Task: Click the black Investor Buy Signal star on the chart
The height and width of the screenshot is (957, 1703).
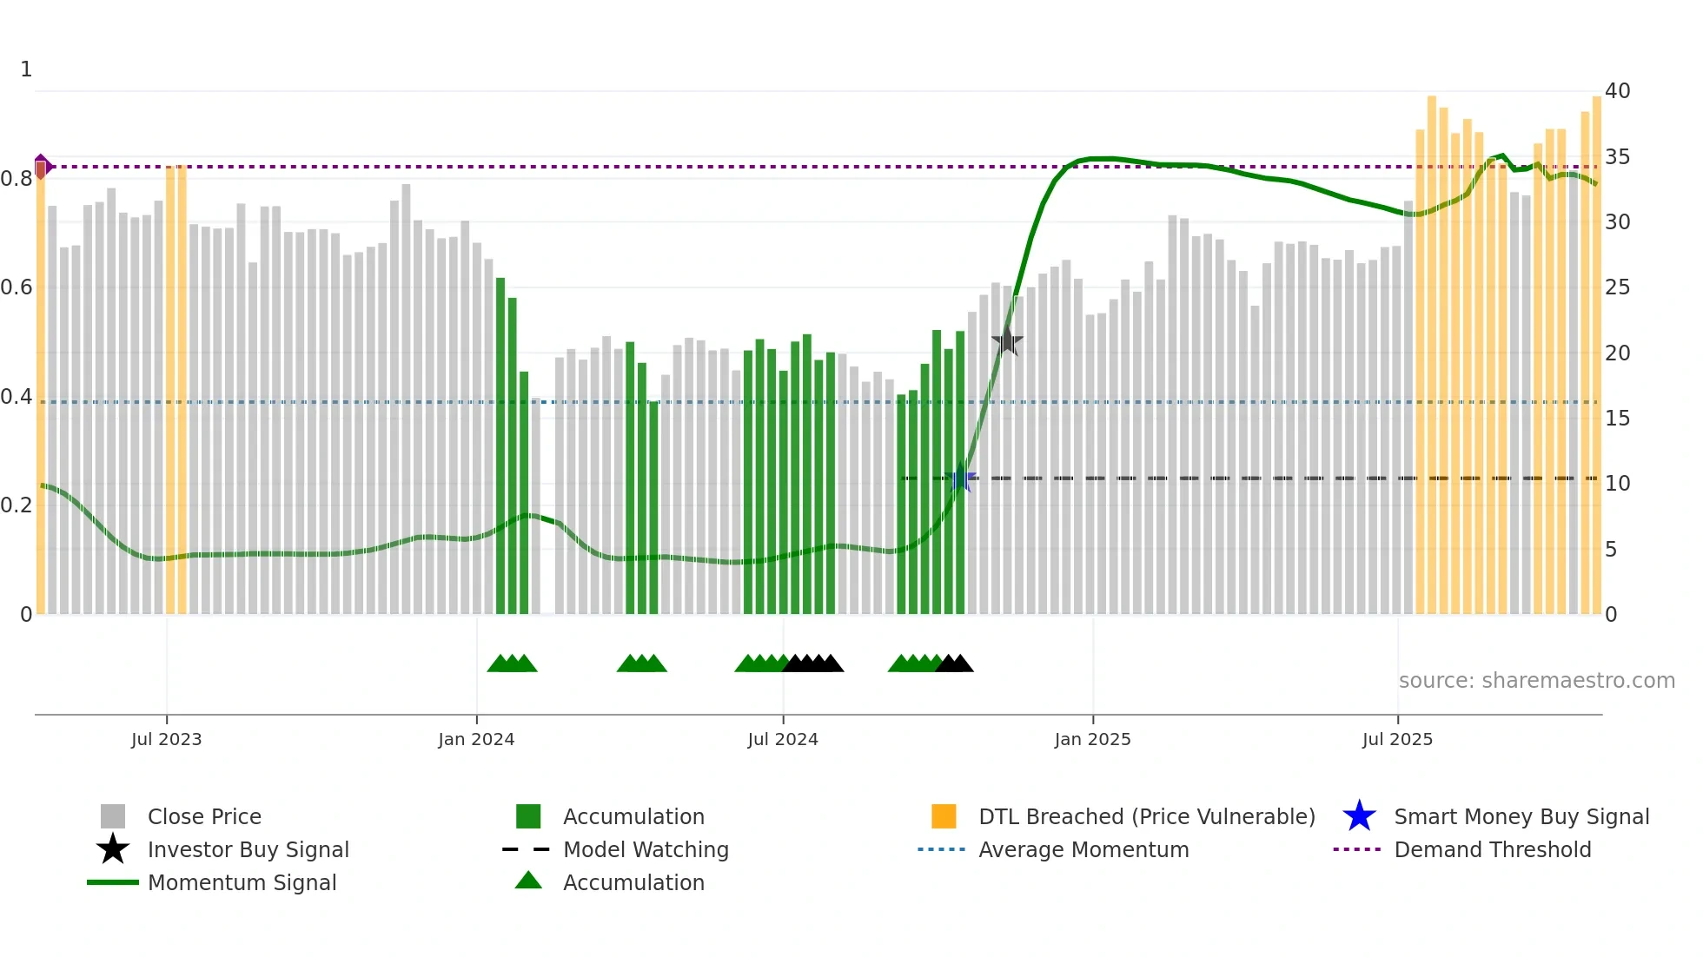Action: point(1007,341)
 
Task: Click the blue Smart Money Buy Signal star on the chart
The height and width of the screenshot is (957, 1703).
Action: point(961,478)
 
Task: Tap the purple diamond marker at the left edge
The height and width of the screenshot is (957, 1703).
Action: point(42,166)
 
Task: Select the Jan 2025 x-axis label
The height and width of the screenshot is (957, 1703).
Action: point(1092,739)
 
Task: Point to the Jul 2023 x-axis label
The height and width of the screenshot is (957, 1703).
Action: point(166,739)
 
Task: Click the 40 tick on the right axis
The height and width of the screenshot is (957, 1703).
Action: point(1617,90)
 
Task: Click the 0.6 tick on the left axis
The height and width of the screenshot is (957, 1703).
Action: point(17,287)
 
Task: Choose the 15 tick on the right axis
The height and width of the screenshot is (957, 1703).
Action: point(1617,418)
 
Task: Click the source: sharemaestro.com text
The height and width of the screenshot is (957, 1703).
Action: point(1536,680)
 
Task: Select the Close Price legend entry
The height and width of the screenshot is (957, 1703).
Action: point(204,816)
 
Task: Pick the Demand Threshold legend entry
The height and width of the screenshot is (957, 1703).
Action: point(1492,849)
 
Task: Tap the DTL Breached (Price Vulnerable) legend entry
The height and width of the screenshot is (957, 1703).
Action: point(1146,816)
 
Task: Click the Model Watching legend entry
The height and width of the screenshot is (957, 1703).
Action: point(645,849)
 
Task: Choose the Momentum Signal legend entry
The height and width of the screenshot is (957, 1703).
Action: point(242,882)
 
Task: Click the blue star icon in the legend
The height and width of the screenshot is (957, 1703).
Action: point(1359,816)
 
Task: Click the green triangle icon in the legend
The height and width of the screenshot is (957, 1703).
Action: point(528,881)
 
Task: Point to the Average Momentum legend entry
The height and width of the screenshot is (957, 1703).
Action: point(1083,849)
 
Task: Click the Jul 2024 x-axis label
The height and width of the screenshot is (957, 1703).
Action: point(782,739)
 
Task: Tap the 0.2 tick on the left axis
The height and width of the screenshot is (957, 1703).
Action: point(17,505)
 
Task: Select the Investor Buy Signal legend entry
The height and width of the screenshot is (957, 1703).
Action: point(248,849)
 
